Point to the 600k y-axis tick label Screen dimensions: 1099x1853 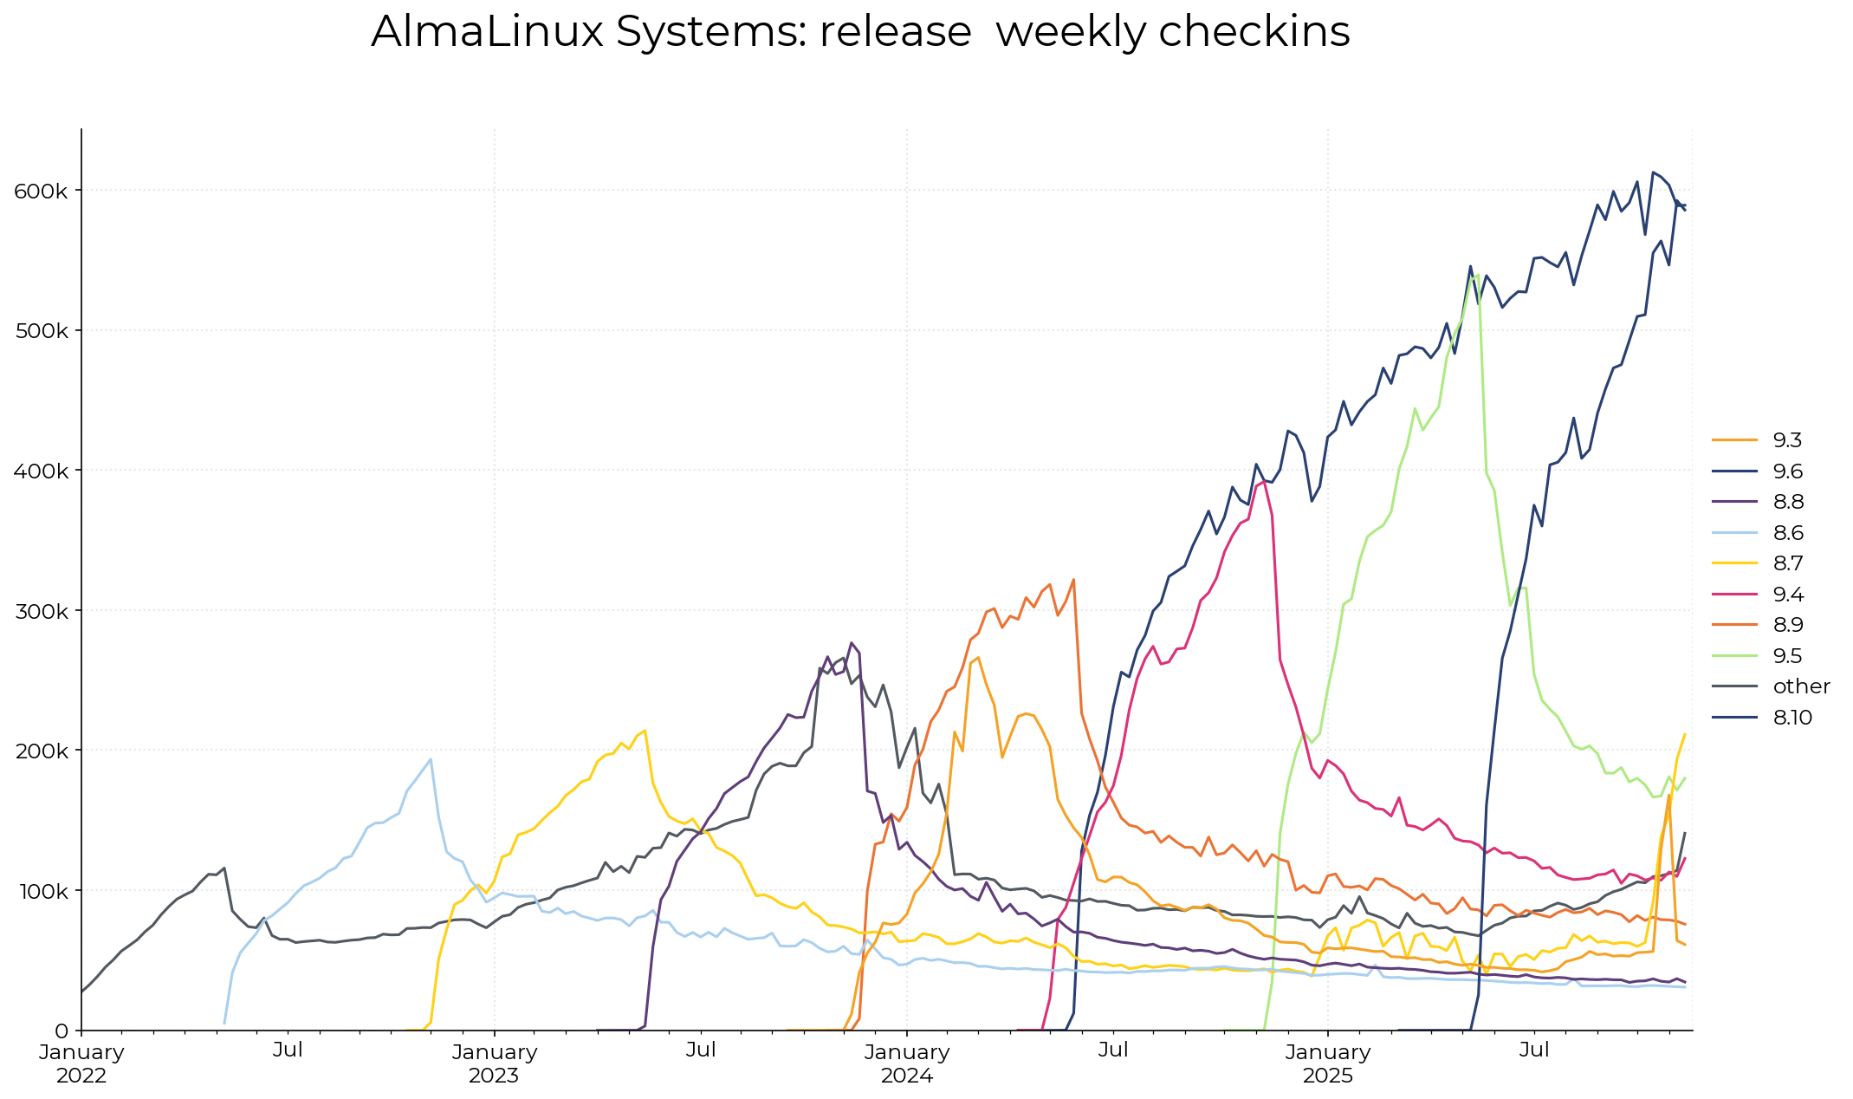click(x=41, y=191)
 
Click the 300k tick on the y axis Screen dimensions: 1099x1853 click(x=41, y=611)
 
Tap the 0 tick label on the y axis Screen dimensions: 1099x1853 click(x=62, y=1031)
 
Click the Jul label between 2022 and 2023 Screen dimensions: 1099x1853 click(x=288, y=1050)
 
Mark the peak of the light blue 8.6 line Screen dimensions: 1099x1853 click(x=431, y=759)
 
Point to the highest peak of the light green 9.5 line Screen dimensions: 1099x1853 click(x=1478, y=275)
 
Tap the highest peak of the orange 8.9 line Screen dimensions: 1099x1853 click(x=1073, y=579)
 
